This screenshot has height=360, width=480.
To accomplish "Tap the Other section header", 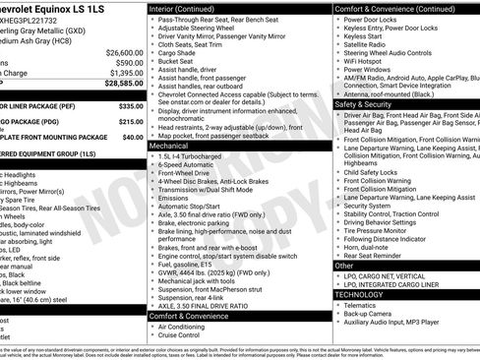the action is (x=344, y=266).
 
